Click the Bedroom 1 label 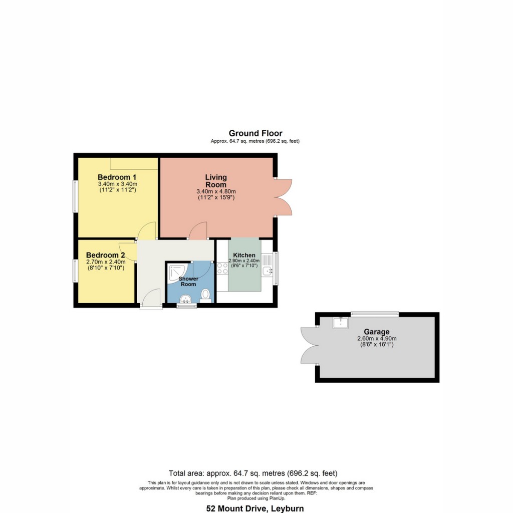point(117,177)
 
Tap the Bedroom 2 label point(105,255)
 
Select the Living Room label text point(216,181)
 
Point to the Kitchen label point(244,255)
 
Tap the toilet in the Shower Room point(205,294)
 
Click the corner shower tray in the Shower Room point(175,274)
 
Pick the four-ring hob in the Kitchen point(222,268)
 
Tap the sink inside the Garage point(341,323)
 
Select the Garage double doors point(309,345)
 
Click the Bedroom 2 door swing point(129,250)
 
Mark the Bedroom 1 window point(76,196)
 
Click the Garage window point(374,314)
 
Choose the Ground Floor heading point(255,133)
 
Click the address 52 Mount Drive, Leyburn point(255,508)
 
